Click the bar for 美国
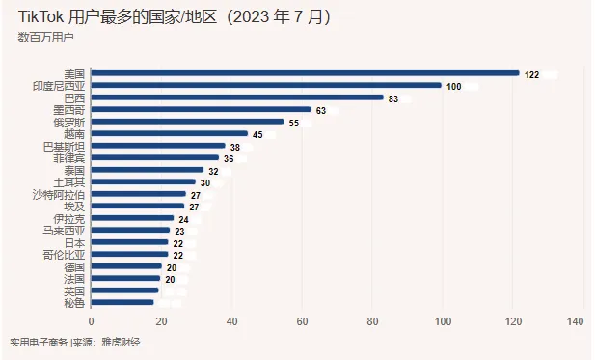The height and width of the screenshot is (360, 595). click(305, 73)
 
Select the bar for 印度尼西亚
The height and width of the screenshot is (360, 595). click(266, 86)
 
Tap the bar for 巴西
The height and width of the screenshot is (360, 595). click(236, 97)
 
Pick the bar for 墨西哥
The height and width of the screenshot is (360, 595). click(202, 110)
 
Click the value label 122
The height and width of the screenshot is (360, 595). click(531, 74)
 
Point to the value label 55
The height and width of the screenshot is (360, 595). click(294, 123)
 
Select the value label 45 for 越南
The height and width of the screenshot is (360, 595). click(257, 134)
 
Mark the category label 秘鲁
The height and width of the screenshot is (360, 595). click(75, 302)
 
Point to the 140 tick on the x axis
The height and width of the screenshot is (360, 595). click(577, 321)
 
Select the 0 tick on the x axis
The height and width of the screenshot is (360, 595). click(92, 321)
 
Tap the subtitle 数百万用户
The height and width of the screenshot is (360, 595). click(45, 37)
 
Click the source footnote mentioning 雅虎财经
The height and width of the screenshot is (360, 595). click(74, 343)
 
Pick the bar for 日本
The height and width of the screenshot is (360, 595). click(129, 242)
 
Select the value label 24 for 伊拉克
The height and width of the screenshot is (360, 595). click(183, 218)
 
